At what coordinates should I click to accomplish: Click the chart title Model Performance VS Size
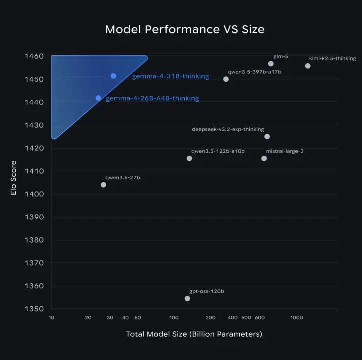pos(185,29)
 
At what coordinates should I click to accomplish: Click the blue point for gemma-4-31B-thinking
pos(113,76)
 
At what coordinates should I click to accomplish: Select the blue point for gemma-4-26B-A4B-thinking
pos(98,98)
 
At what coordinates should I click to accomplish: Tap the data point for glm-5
pos(271,64)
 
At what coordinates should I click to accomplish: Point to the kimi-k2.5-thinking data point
pos(308,66)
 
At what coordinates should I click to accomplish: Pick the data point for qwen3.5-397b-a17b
pos(226,79)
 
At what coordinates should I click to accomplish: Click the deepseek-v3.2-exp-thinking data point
pos(267,136)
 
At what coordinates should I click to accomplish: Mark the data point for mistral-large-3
pos(264,158)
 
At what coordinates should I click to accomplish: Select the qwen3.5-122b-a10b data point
pos(189,158)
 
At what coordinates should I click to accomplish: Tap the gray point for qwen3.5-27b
pos(103,185)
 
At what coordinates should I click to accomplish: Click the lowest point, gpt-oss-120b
pos(187,298)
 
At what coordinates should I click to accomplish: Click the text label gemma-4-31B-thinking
pos(170,76)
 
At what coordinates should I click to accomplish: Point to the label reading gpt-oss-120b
pos(206,291)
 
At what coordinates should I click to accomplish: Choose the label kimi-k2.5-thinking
pos(332,58)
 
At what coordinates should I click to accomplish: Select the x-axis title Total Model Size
pos(194,334)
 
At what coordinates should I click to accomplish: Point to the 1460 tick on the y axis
pos(34,56)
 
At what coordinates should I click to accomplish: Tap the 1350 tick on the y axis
pos(34,309)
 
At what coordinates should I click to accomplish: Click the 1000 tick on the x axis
pos(296,318)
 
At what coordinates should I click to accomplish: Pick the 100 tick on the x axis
pos(174,318)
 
